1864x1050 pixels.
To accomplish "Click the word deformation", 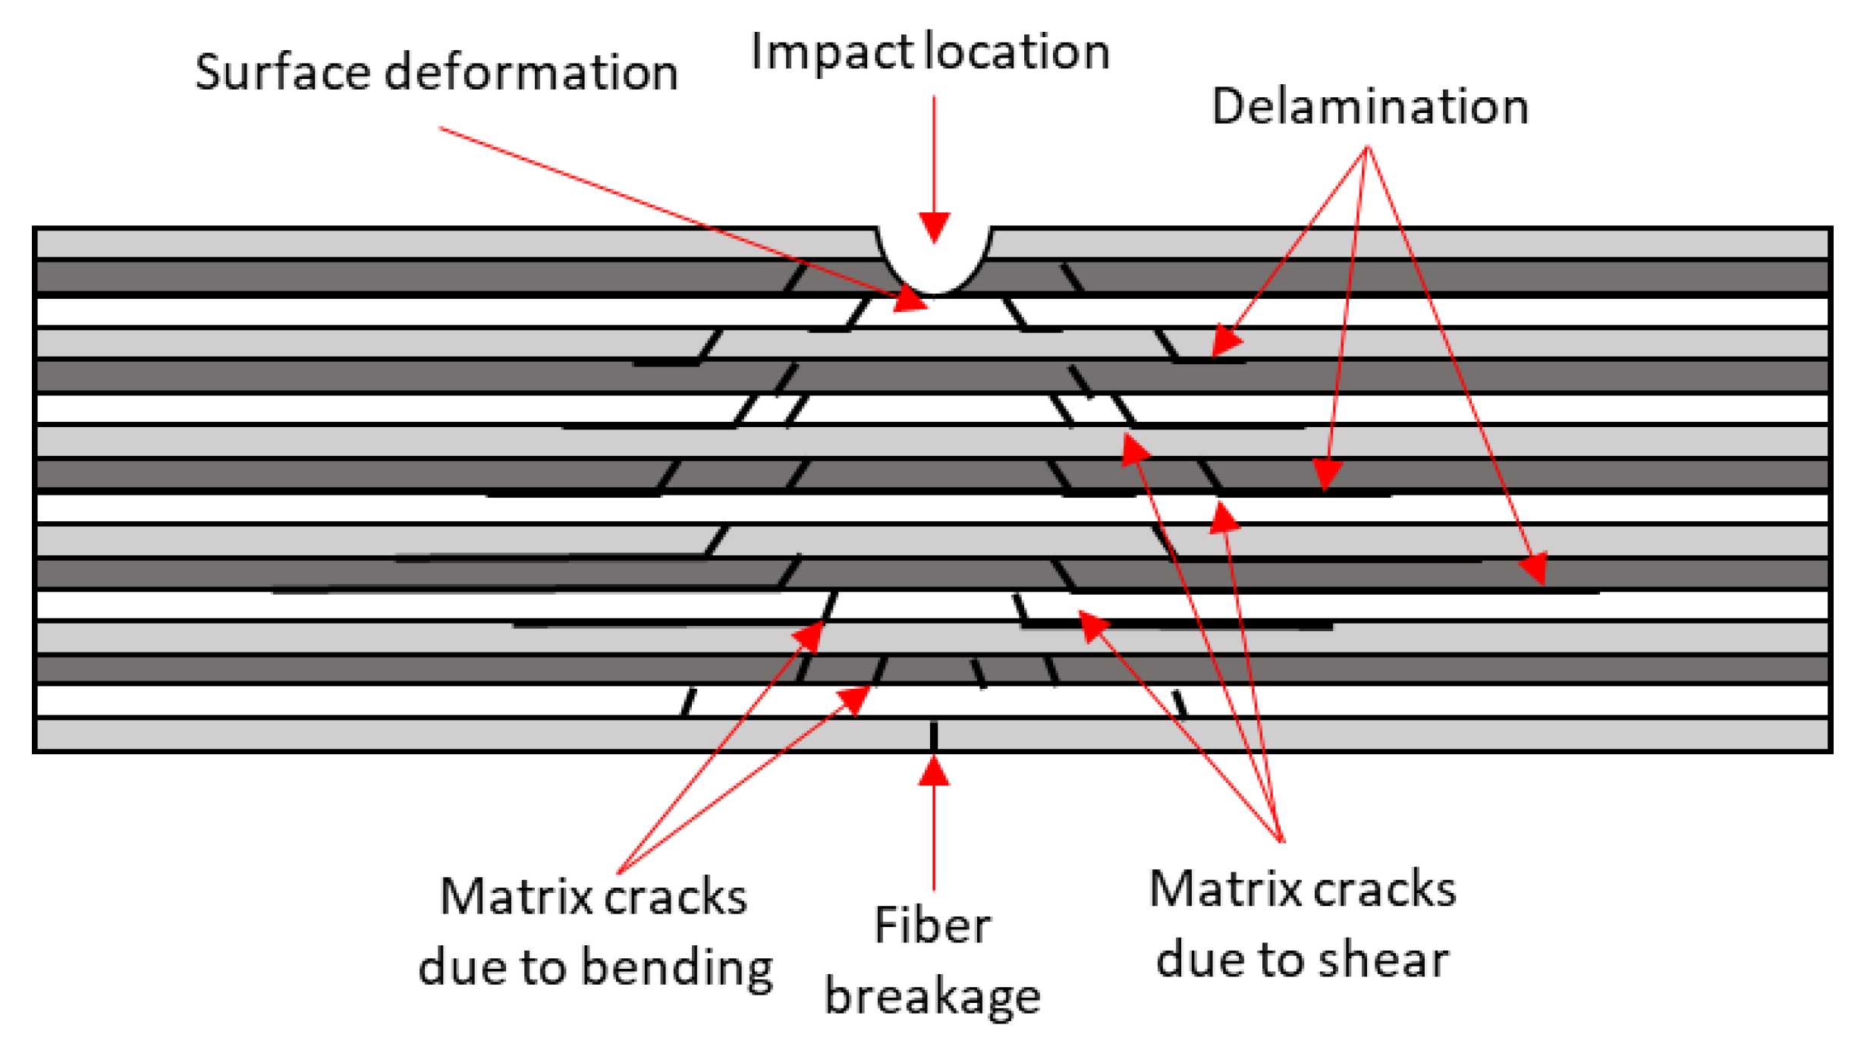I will [x=531, y=73].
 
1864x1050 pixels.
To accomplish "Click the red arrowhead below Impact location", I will [x=934, y=227].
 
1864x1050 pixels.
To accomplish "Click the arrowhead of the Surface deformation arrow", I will [x=912, y=300].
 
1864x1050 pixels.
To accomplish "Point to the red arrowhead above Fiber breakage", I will [x=934, y=772].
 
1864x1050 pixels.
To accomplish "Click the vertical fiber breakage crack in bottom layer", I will [x=934, y=735].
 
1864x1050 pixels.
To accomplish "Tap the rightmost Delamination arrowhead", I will [x=1534, y=568].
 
